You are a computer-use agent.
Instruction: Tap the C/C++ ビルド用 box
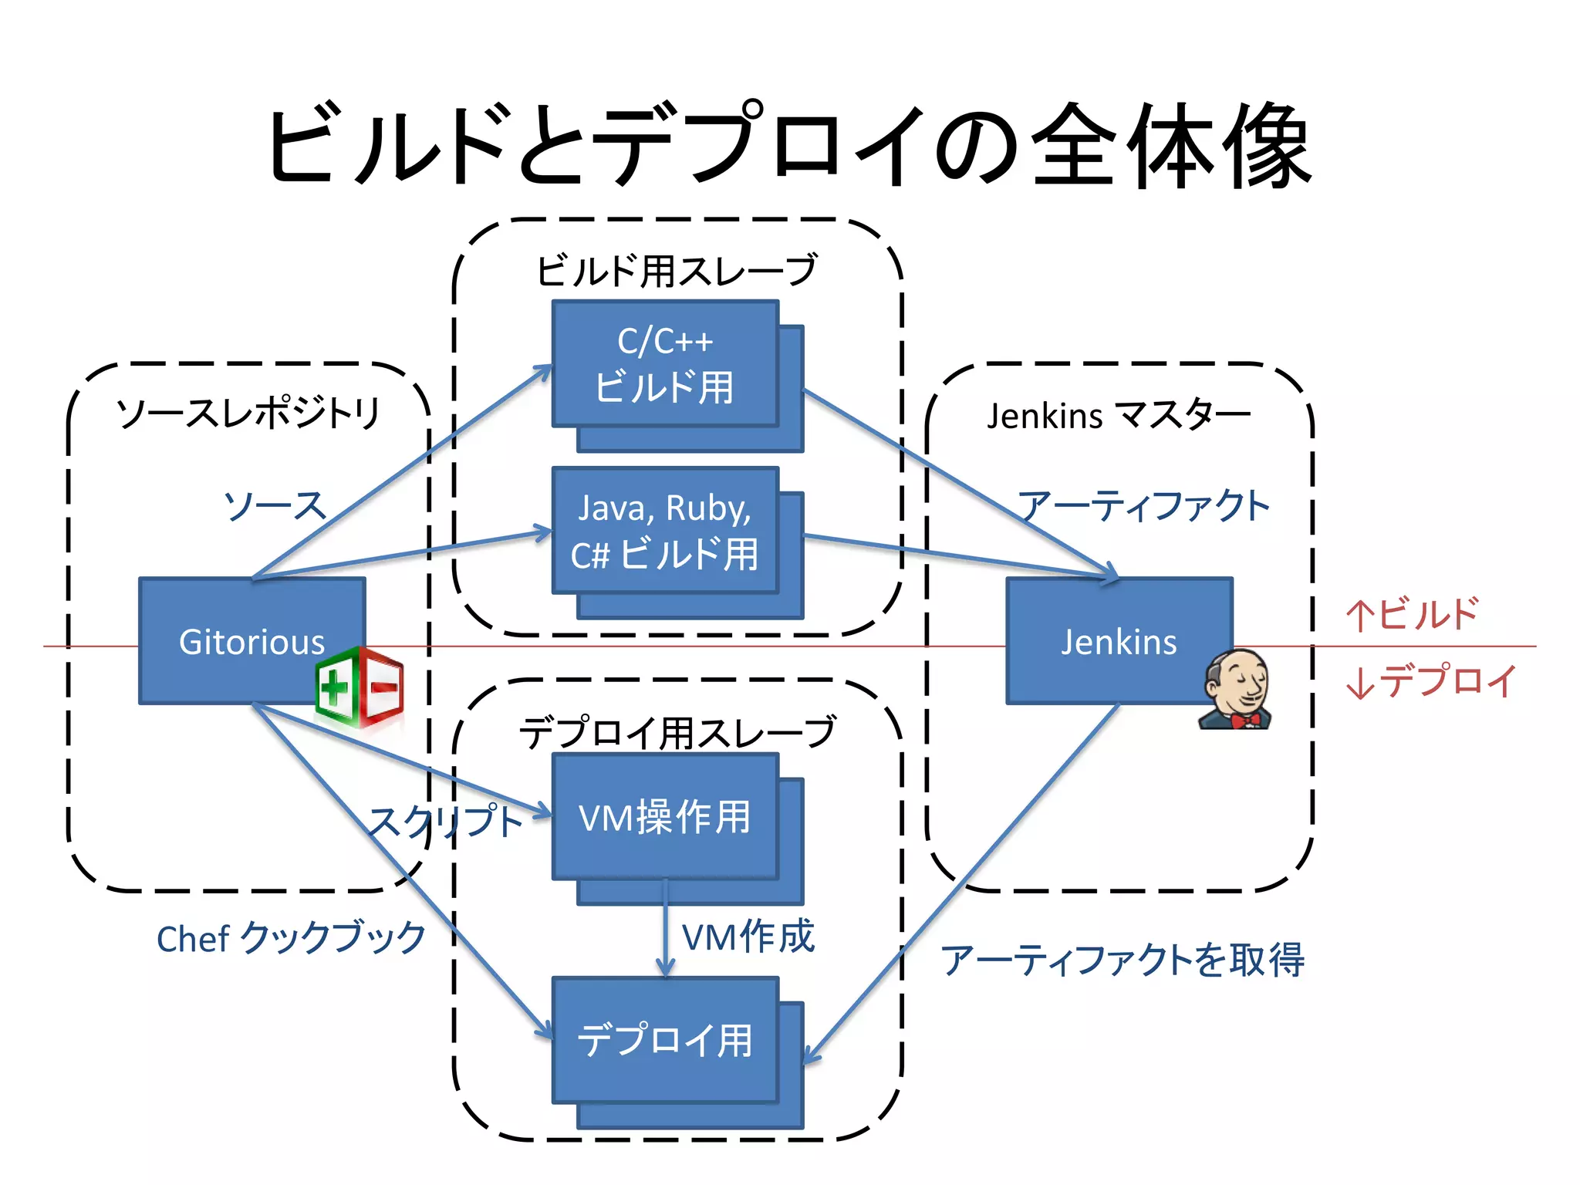[665, 363]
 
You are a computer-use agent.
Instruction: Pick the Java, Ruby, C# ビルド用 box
[665, 531]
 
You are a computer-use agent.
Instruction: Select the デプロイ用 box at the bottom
[665, 1040]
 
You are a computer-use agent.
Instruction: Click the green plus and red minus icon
[360, 687]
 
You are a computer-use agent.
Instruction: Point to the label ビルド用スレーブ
[677, 270]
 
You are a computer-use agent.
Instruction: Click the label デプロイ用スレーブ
[677, 731]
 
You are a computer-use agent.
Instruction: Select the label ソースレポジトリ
[248, 413]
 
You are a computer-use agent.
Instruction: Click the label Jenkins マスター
[1119, 416]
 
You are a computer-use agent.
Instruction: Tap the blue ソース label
[275, 506]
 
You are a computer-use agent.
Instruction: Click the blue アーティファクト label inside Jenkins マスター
[1143, 506]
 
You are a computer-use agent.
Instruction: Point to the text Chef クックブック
[291, 939]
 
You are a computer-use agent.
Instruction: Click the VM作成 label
[748, 937]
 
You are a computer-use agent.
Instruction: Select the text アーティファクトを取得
[1123, 960]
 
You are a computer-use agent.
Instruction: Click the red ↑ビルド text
[1412, 615]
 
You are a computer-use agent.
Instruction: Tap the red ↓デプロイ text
[1431, 681]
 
